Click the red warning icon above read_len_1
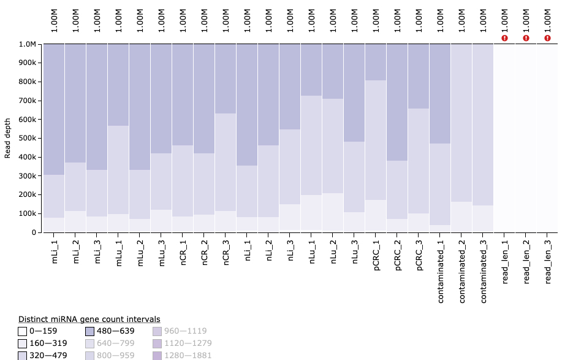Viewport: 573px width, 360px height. (504, 38)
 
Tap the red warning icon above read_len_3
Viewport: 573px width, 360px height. (547, 38)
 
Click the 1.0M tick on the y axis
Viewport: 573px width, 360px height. (28, 44)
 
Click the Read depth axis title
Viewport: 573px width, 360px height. (8, 138)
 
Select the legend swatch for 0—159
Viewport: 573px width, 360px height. (23, 331)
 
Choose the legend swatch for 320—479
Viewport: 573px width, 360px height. (23, 355)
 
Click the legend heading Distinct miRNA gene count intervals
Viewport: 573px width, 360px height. (89, 319)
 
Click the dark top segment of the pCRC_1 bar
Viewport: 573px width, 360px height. (376, 62)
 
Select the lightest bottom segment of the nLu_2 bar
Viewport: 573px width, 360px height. (333, 212)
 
